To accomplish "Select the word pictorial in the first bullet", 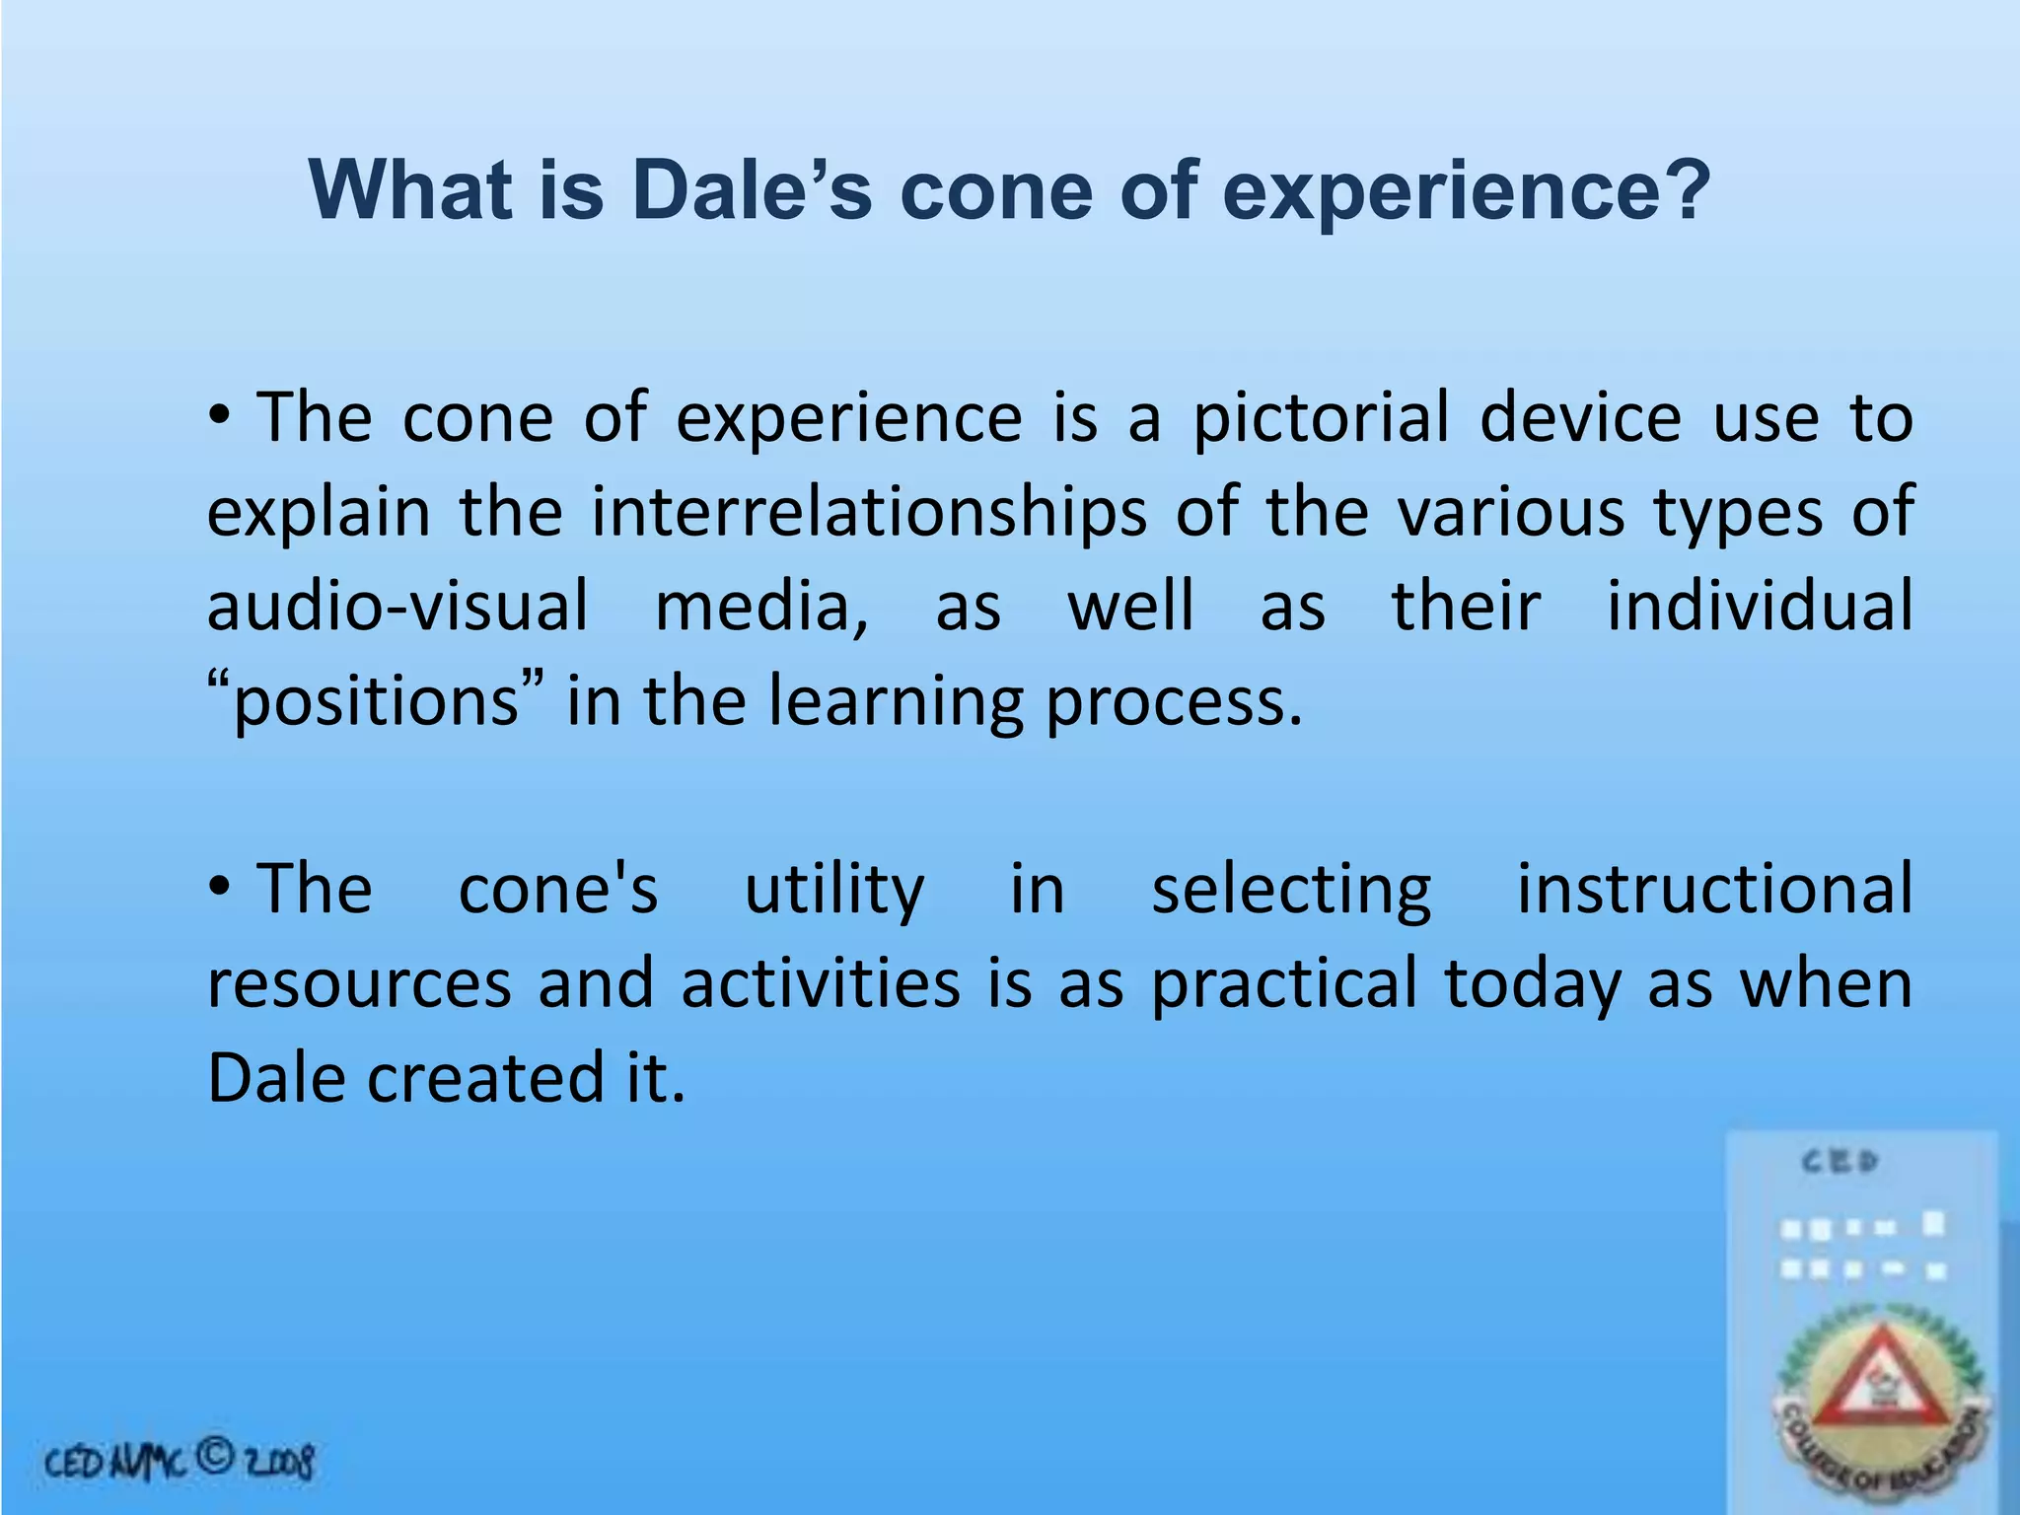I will coord(1322,418).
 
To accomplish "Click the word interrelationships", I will coord(869,513).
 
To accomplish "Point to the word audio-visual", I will coord(397,606).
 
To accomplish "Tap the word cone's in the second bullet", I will coord(558,890).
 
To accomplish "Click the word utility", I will coord(834,890).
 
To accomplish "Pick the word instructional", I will coord(1714,890).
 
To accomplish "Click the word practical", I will coord(1284,984).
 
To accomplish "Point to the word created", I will coord(484,1078).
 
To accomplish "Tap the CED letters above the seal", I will coord(1840,1162).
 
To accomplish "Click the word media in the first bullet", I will coord(760,606).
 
